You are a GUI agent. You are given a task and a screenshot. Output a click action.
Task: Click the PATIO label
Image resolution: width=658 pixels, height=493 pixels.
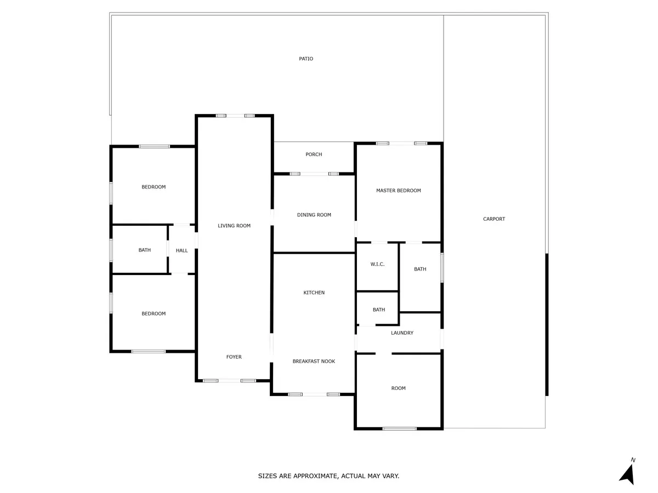coord(306,59)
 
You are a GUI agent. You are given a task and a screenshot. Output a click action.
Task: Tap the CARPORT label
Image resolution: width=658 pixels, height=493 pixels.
coord(493,219)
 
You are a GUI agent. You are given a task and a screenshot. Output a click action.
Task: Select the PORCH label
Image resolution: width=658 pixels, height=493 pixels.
coord(314,154)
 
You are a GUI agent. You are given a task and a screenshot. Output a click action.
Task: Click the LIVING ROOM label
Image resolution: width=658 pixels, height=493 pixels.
coord(234,226)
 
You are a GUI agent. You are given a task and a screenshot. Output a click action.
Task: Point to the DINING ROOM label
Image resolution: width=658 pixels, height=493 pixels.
coord(314,215)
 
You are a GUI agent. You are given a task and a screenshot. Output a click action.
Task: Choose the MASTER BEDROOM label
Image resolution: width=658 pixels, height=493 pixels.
coord(399,191)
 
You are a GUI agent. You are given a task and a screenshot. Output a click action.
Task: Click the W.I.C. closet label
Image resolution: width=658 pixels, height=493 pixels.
coord(377,264)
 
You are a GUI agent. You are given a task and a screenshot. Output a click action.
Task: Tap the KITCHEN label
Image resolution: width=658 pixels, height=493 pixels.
coord(314,293)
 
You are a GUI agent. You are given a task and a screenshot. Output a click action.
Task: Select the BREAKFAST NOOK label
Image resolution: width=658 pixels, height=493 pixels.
coord(314,362)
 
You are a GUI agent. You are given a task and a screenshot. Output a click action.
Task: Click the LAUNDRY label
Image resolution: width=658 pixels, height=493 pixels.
coord(402,333)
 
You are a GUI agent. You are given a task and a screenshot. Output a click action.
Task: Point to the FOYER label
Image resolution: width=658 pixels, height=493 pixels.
coord(234,357)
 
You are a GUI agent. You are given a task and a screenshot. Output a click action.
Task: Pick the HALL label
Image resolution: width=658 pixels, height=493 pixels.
coord(181,250)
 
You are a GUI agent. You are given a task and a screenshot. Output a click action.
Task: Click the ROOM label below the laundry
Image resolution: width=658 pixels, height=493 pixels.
coord(399,388)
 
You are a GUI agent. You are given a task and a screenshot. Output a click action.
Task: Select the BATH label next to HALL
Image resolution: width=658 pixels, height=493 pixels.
coord(145,250)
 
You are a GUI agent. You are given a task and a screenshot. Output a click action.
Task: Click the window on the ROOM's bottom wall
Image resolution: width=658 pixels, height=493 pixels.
coord(399,429)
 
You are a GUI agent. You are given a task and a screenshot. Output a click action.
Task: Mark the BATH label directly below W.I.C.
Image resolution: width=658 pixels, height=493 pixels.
coord(379,309)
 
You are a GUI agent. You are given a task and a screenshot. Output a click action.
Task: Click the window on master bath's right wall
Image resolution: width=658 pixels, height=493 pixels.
coord(442,267)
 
